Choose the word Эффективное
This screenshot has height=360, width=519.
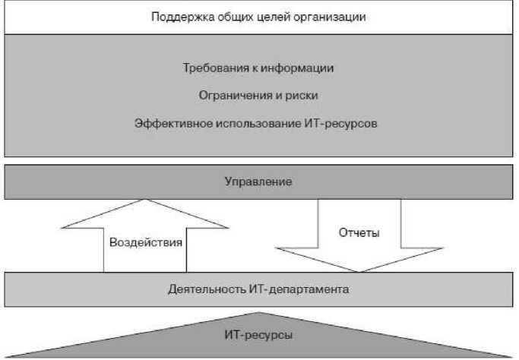172,122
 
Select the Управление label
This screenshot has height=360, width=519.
258,182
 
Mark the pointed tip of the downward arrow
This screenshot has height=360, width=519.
357,271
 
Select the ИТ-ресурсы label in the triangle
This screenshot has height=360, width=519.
259,333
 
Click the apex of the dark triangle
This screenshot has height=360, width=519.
259,312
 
